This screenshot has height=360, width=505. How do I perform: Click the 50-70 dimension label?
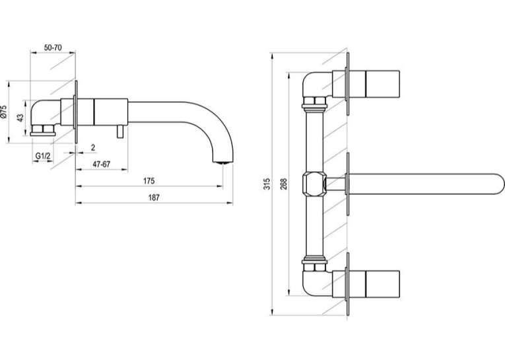[x=53, y=48]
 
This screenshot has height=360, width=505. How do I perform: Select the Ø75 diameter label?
[x=3, y=112]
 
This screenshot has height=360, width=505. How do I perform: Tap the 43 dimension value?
[x=20, y=118]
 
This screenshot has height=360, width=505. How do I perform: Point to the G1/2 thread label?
[x=43, y=156]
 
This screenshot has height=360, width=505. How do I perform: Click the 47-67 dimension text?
[x=102, y=164]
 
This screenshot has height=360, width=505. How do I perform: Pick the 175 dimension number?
[x=149, y=181]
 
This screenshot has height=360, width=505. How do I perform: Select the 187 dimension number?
[x=154, y=198]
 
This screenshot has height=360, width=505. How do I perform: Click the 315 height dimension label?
[x=267, y=184]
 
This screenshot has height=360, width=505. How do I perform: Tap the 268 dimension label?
[x=283, y=184]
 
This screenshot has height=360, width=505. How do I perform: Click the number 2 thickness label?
[x=93, y=147]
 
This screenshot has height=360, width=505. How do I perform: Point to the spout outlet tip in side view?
[x=223, y=162]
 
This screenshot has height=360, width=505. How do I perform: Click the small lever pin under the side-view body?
[x=120, y=131]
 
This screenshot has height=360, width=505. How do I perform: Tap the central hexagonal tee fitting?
[x=314, y=184]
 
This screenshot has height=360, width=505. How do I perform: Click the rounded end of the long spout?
[x=498, y=184]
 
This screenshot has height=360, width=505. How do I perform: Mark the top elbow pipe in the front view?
[x=315, y=85]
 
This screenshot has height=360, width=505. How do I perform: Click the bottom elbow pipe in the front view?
[x=315, y=283]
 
